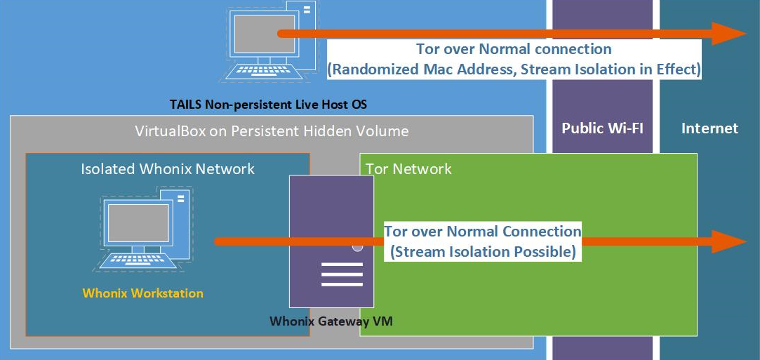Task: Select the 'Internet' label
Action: point(709,128)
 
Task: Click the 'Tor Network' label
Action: point(409,168)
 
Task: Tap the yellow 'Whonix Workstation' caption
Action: point(142,293)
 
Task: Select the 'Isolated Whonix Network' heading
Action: point(168,168)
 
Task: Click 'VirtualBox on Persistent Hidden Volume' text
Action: point(272,131)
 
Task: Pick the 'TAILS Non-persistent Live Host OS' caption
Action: point(268,105)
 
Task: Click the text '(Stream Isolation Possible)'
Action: point(484,251)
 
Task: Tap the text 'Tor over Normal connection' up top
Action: point(514,49)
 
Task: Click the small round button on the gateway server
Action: point(357,247)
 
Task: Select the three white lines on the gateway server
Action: point(341,274)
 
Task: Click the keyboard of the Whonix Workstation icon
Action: point(138,260)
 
